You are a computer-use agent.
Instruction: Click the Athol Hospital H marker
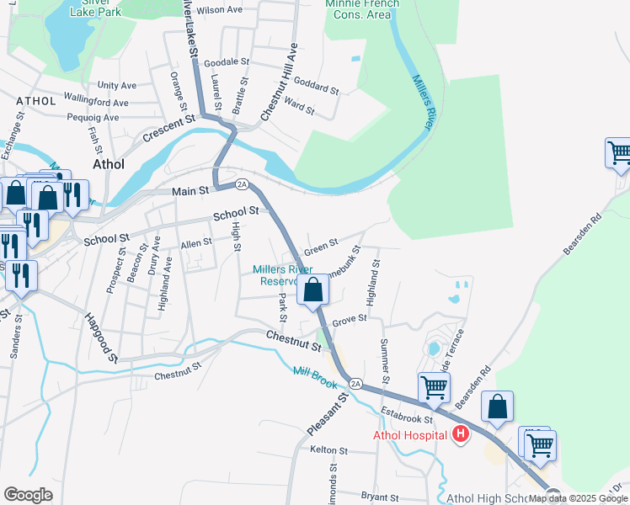click(460, 434)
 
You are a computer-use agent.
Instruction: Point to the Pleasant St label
click(327, 413)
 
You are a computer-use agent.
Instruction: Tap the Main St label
click(190, 192)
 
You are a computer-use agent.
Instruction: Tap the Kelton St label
click(323, 451)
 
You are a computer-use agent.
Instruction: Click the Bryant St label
click(379, 497)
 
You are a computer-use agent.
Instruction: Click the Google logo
click(28, 495)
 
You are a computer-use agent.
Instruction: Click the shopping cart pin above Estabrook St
click(434, 388)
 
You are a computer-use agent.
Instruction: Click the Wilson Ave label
click(221, 9)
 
